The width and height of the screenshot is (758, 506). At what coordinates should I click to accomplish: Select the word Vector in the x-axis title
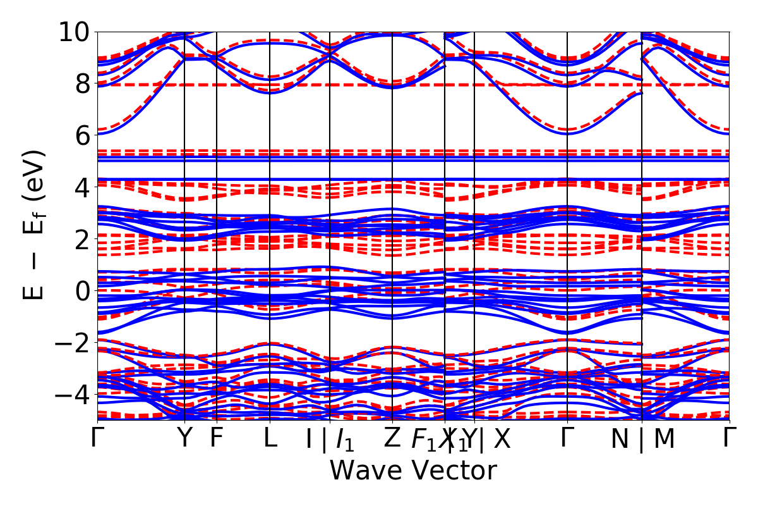point(452,471)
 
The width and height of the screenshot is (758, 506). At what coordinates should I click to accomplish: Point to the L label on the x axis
point(270,438)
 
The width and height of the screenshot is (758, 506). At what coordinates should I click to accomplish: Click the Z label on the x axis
point(393,438)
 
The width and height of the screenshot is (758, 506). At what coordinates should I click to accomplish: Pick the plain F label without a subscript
point(217,438)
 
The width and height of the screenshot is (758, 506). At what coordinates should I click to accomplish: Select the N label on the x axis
point(620,440)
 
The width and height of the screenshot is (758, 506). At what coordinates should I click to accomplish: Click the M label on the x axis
point(664,440)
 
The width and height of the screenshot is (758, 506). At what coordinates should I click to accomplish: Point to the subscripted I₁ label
point(344,440)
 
